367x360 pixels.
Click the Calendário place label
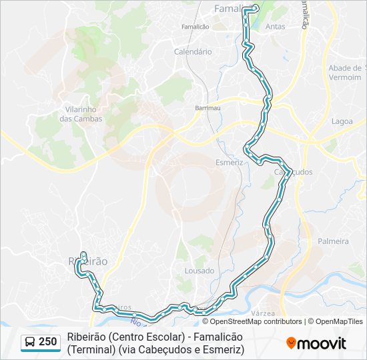(192, 51)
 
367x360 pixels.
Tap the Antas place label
(275, 27)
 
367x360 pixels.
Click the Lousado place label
(200, 271)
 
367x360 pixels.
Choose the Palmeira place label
(333, 241)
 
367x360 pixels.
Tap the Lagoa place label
(342, 121)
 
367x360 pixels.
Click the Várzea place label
(264, 312)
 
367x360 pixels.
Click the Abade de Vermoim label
(346, 73)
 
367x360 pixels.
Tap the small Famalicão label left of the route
(196, 27)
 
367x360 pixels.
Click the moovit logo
(316, 343)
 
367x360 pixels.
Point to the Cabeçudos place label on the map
(294, 172)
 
